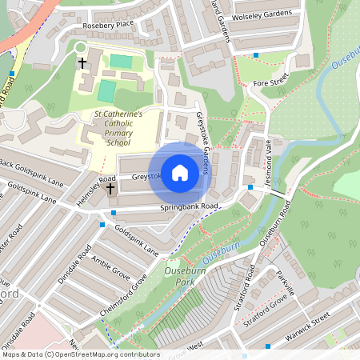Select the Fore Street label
pyautogui.click(x=270, y=82)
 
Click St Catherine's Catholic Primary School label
pyautogui.click(x=118, y=128)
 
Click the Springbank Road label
pyautogui.click(x=189, y=206)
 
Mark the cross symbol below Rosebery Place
pyautogui.click(x=82, y=62)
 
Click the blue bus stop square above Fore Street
pyautogui.click(x=256, y=55)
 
